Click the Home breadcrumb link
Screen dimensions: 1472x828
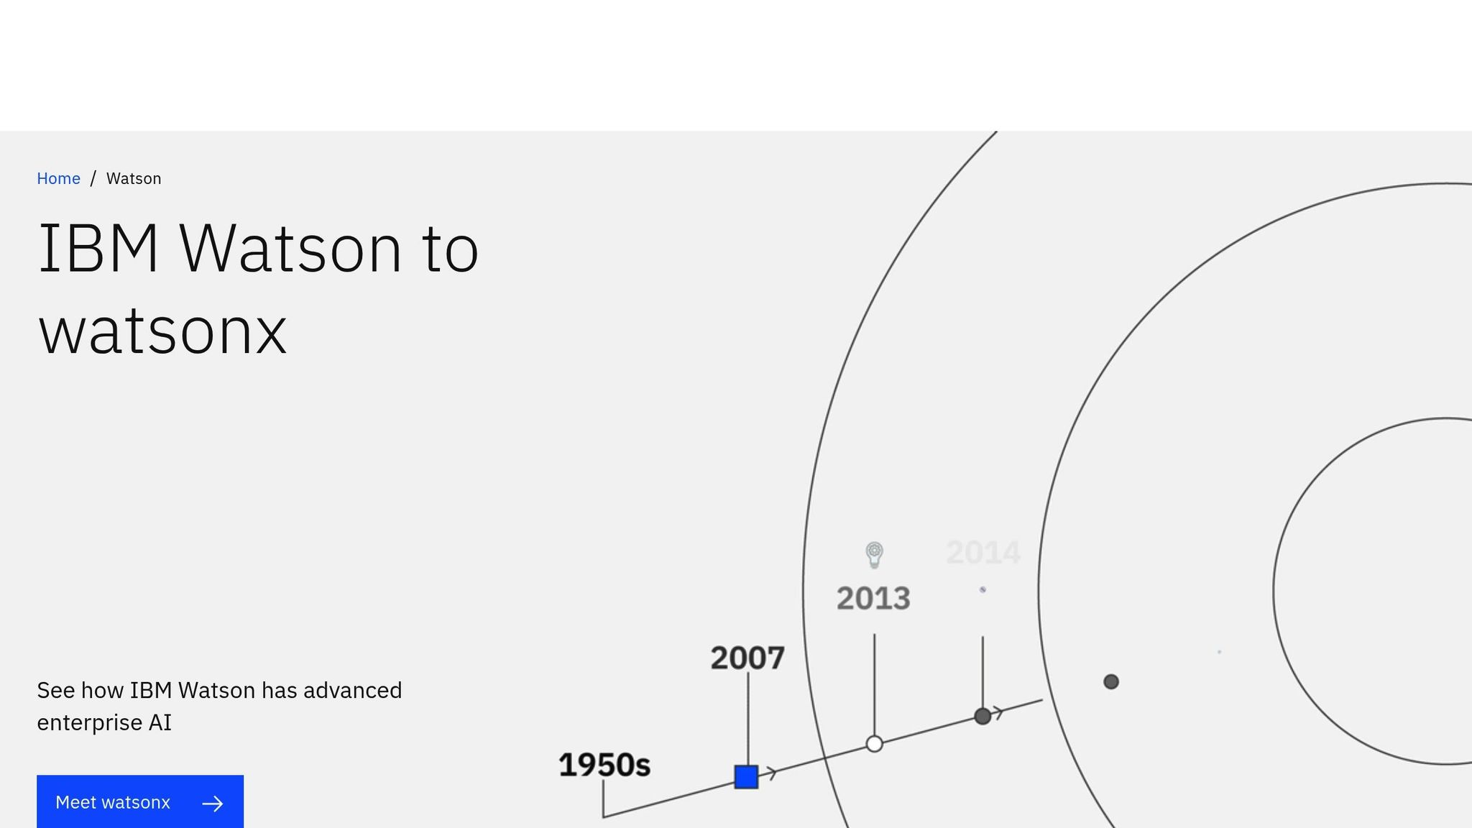[58, 178]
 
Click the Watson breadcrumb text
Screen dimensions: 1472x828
[134, 178]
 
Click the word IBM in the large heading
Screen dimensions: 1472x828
[98, 249]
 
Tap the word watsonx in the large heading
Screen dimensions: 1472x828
[163, 331]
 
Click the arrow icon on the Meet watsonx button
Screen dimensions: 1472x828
[213, 804]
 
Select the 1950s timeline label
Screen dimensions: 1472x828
[604, 765]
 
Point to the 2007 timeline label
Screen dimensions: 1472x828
[747, 658]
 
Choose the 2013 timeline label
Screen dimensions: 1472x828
[873, 598]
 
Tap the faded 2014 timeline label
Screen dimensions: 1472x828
[983, 553]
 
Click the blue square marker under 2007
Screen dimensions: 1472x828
[746, 777]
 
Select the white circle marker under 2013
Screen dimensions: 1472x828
[874, 744]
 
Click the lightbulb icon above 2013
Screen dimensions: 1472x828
[874, 555]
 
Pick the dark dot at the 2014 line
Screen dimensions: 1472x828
[983, 716]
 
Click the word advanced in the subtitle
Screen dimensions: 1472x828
[353, 690]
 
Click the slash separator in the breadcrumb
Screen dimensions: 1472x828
[93, 178]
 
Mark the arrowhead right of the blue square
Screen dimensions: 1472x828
[770, 773]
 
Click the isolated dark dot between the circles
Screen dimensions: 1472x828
[1110, 681]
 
